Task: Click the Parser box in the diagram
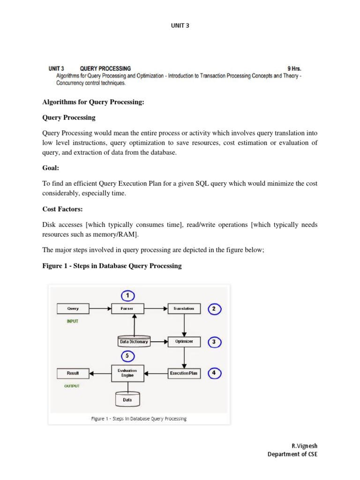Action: [127, 309]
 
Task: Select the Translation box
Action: [184, 309]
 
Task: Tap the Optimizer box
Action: [184, 342]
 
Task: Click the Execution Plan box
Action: [184, 373]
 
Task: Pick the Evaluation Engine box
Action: [127, 373]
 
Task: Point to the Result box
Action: [73, 373]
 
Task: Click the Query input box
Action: [73, 309]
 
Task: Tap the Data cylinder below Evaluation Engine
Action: [127, 399]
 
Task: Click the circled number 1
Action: [127, 295]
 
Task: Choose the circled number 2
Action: [214, 309]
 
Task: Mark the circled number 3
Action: [214, 342]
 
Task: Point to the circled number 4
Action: [214, 373]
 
